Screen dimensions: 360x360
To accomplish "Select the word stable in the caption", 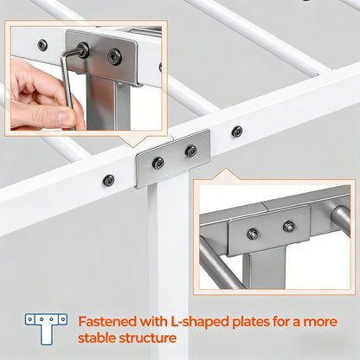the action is click(96, 338).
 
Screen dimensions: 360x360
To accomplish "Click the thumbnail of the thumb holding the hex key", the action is click(65, 117).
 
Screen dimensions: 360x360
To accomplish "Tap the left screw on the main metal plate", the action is click(158, 163).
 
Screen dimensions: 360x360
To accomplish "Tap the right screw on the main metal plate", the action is click(191, 151).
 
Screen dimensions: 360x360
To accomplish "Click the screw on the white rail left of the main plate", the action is click(108, 180).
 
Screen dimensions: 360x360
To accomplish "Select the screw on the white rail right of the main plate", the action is click(237, 132).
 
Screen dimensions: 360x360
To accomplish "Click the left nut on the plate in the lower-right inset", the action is click(253, 234).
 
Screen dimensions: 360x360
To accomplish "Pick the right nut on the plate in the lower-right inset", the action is click(288, 226).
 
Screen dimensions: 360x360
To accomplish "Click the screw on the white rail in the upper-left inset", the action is click(42, 45).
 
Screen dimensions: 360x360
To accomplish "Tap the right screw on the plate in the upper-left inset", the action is click(114, 56).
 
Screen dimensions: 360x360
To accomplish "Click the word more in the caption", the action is click(320, 322).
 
